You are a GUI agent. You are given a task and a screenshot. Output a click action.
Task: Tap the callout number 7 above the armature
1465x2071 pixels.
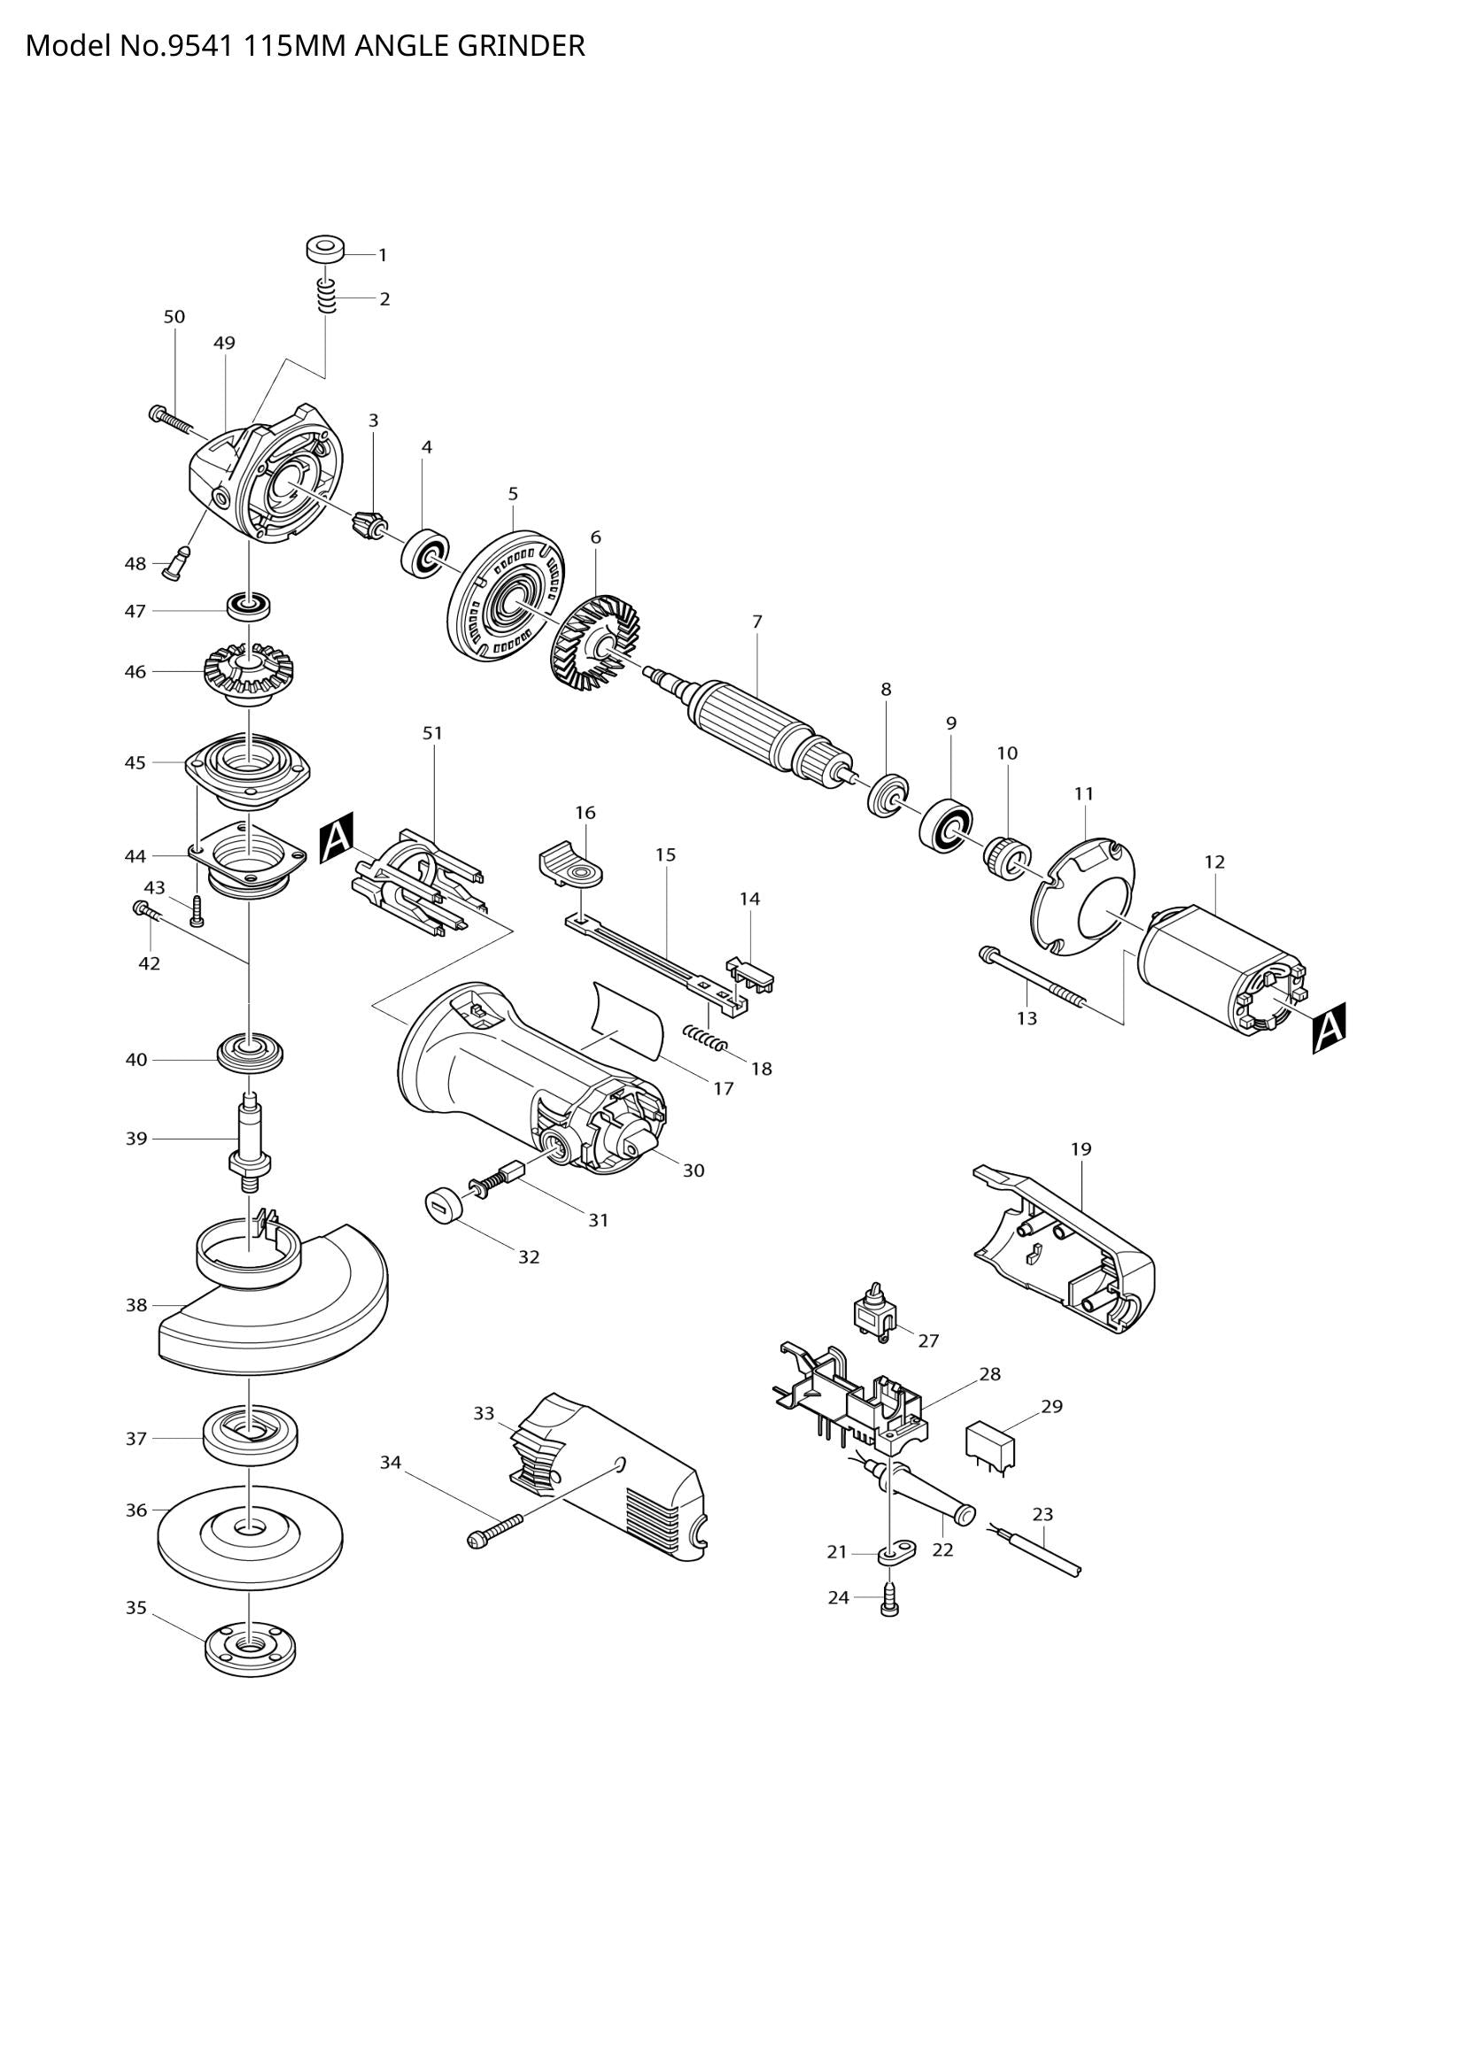[x=756, y=622]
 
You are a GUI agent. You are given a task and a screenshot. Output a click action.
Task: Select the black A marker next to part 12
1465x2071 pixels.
[x=1329, y=1027]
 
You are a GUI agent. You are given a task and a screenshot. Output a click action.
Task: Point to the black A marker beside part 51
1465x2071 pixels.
[x=337, y=838]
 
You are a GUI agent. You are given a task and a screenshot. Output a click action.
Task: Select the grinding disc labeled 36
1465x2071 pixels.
[x=249, y=1534]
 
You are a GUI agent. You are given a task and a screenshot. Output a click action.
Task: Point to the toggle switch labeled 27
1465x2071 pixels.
[x=872, y=1320]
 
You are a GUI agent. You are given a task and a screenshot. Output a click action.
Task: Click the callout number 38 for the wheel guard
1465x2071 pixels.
[x=136, y=1305]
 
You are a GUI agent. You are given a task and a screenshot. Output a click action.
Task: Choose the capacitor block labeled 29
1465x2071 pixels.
[x=990, y=1444]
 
